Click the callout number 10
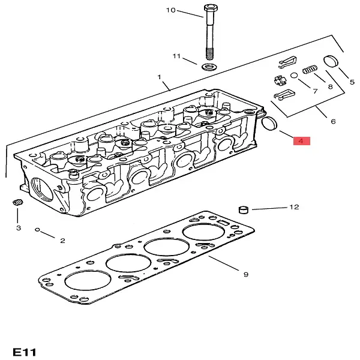tap(171, 10)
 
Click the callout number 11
tap(176, 56)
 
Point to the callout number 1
tap(160, 77)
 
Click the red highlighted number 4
tap(301, 141)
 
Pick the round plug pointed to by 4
tap(269, 124)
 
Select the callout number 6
tap(333, 121)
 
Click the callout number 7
tap(314, 91)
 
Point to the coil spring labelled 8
tap(309, 70)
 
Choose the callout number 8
tap(330, 86)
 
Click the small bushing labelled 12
tap(244, 209)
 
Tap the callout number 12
tap(293, 207)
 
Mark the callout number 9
tap(245, 274)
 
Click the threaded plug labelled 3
tap(17, 203)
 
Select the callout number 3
tap(19, 228)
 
